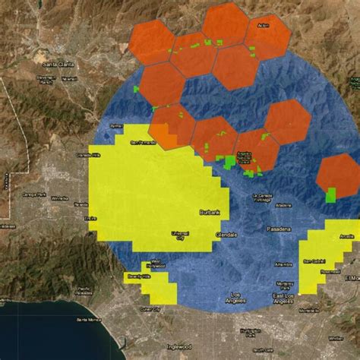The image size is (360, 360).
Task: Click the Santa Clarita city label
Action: [55, 63]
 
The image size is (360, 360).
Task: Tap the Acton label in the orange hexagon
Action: [264, 27]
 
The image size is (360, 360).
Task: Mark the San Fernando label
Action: [141, 142]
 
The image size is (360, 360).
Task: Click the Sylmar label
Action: [116, 125]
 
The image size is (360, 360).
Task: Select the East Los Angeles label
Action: [283, 298]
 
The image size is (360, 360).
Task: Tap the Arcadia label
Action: [346, 236]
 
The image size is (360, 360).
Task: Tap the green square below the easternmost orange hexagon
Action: [331, 194]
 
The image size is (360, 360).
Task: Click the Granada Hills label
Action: [84, 155]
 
